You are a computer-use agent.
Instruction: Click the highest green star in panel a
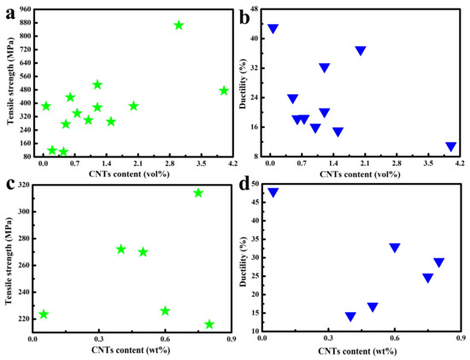[179, 25]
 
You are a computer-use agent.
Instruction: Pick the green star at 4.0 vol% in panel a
[224, 91]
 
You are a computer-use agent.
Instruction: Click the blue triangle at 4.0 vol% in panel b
[450, 147]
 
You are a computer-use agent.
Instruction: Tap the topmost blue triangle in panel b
[273, 28]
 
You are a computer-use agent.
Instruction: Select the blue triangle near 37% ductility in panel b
[361, 50]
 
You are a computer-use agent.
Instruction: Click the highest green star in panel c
[198, 192]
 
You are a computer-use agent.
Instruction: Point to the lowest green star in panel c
[209, 324]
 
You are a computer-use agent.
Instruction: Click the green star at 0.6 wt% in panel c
[165, 310]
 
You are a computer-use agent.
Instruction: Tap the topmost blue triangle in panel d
[273, 192]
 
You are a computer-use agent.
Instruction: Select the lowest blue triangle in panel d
[350, 316]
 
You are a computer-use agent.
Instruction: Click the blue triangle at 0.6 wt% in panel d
[395, 248]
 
